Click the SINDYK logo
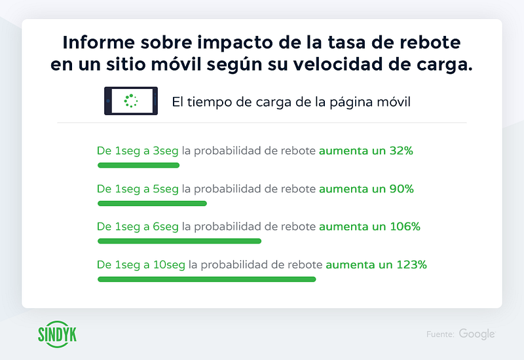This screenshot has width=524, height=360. point(57,334)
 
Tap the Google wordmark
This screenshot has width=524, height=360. point(477,334)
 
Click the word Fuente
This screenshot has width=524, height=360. point(440,334)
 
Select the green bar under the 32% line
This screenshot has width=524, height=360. point(138,166)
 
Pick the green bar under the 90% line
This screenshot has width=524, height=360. point(152,204)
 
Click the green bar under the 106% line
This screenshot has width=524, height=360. point(179,241)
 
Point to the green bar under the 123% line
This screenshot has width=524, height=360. point(206,279)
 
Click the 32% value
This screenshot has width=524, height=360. point(401,151)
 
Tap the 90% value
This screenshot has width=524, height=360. point(402,189)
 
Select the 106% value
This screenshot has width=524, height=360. point(405,226)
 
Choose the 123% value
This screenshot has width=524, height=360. point(412,265)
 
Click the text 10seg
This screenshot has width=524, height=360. point(169,266)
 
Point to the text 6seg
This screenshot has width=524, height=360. point(166,227)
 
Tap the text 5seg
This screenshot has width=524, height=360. point(166,190)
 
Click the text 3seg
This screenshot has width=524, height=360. point(166,152)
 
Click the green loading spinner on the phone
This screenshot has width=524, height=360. point(130,101)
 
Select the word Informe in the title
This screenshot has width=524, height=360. point(99,43)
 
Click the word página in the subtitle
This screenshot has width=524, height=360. point(351,103)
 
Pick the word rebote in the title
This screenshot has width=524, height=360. point(430,43)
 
